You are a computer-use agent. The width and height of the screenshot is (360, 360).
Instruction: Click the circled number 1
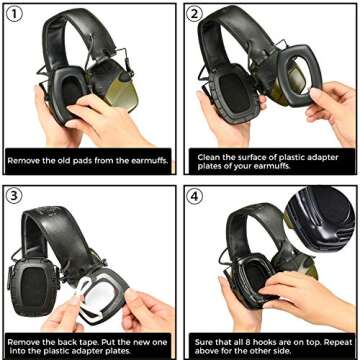tap(17, 16)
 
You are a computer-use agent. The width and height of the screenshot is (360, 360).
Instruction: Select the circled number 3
tap(17, 196)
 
